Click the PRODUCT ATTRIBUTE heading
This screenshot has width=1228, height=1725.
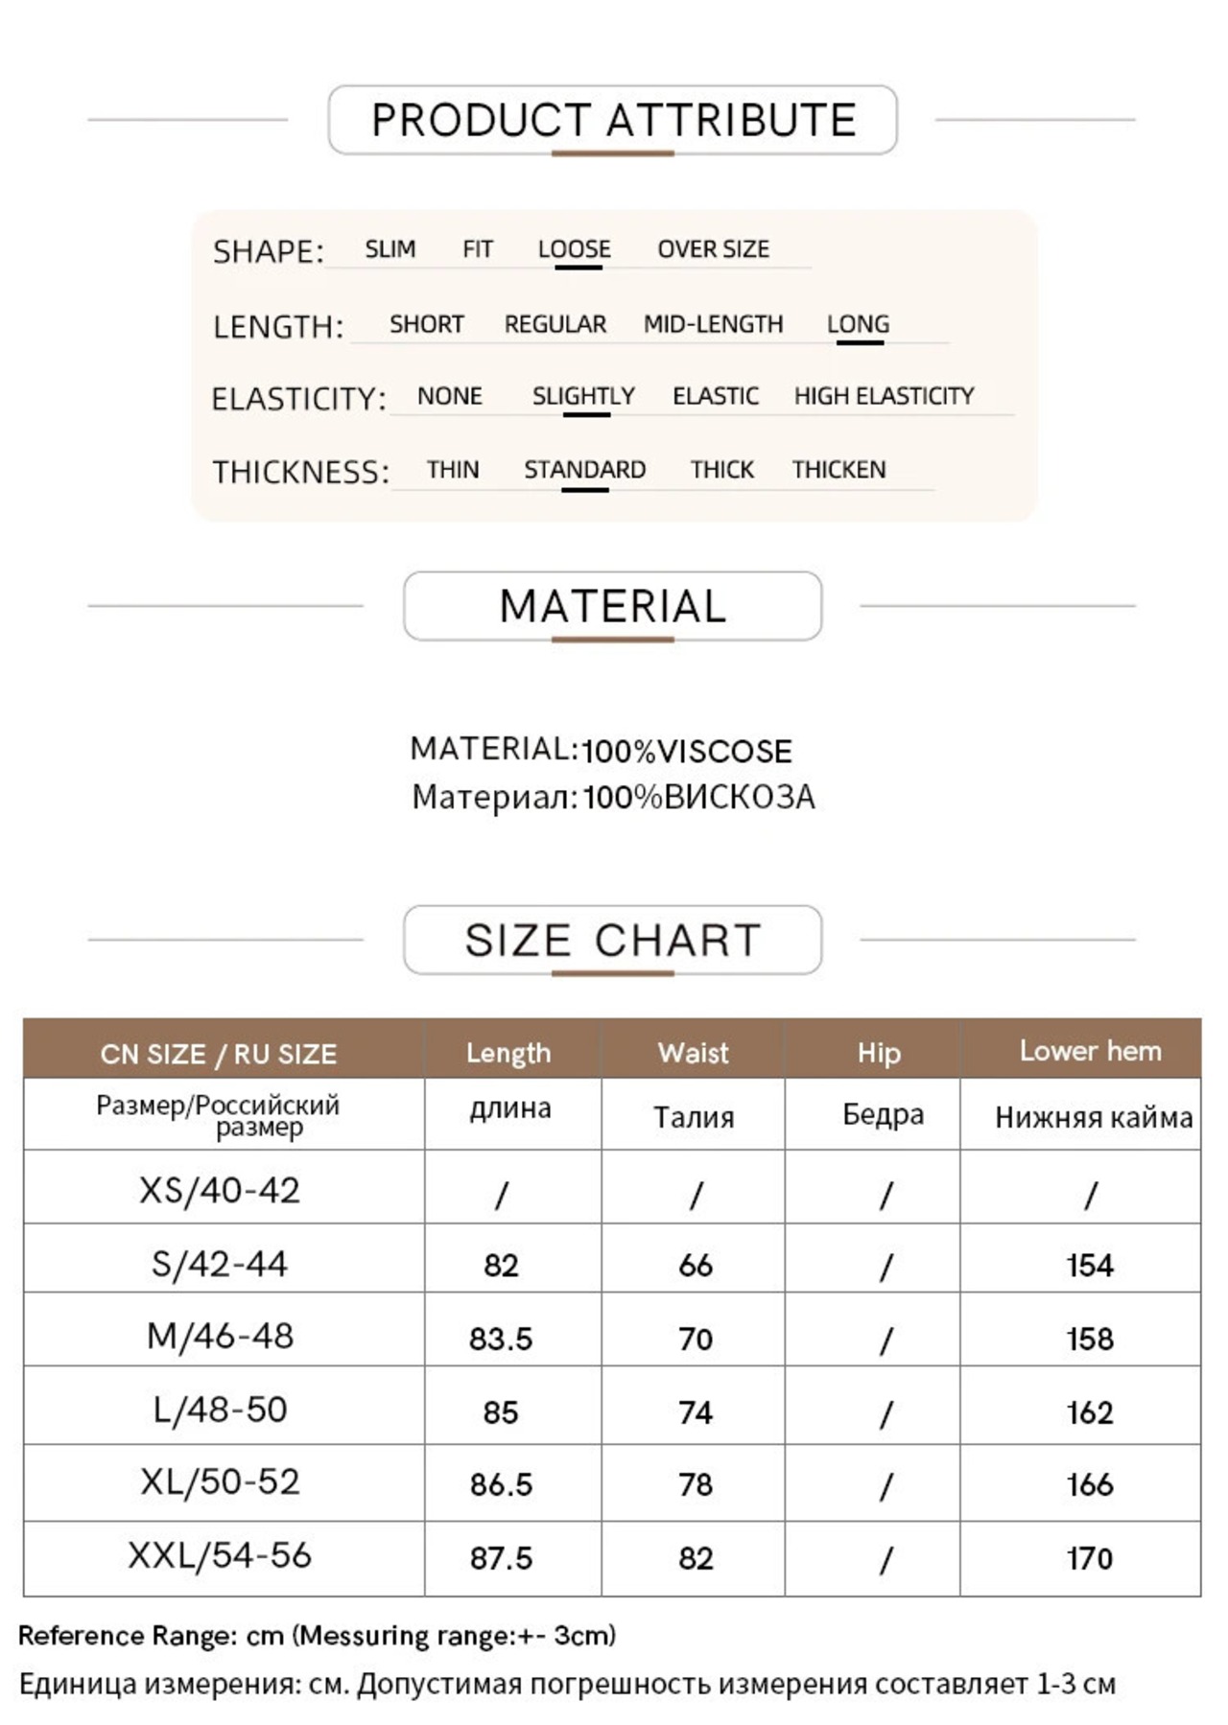click(613, 120)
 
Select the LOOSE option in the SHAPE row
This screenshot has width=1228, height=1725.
click(574, 249)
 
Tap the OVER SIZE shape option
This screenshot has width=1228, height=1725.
click(713, 249)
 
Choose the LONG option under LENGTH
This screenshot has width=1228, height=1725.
click(858, 324)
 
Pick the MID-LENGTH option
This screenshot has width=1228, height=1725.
click(713, 324)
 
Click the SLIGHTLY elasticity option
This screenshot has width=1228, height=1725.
click(583, 396)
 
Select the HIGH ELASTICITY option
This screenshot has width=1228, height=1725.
click(884, 396)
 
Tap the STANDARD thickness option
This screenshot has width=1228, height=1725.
click(584, 470)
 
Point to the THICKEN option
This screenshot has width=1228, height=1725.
click(838, 470)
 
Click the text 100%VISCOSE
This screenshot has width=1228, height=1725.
click(687, 751)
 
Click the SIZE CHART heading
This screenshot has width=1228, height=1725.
click(613, 940)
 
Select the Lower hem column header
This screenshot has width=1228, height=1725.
click(1090, 1051)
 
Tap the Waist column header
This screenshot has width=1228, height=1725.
click(693, 1053)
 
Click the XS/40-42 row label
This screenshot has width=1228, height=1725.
click(220, 1190)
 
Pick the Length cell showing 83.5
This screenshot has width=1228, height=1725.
click(501, 1339)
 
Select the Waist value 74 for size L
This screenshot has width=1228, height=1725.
click(696, 1412)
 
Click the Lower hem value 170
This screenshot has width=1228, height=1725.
click(1090, 1558)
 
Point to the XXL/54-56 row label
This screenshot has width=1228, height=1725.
click(220, 1555)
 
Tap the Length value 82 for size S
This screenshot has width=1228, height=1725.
click(501, 1266)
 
